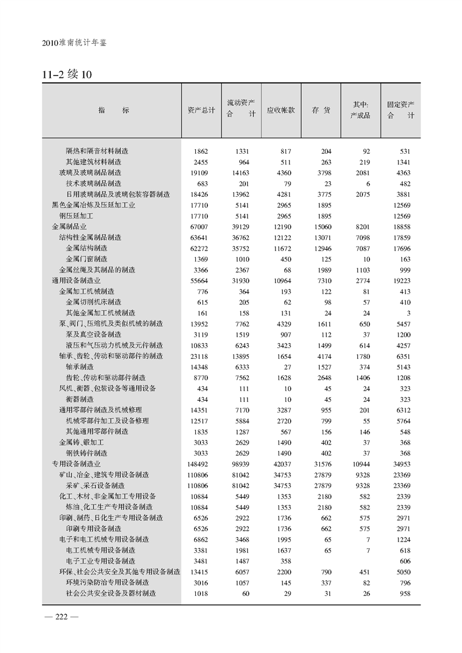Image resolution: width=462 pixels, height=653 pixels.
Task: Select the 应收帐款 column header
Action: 281,110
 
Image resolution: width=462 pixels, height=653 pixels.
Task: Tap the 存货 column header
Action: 321,110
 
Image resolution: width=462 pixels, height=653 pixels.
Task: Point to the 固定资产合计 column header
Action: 401,110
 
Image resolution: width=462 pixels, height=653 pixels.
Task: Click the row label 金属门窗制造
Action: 86,259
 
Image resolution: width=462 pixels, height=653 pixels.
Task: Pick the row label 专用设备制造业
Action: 76,464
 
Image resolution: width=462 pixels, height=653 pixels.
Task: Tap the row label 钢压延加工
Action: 76,216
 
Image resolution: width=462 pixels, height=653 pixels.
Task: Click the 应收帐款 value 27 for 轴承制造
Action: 290,367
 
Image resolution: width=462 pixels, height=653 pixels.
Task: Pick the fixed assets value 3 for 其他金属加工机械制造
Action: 408,313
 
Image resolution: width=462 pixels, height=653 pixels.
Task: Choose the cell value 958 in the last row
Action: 404,594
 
